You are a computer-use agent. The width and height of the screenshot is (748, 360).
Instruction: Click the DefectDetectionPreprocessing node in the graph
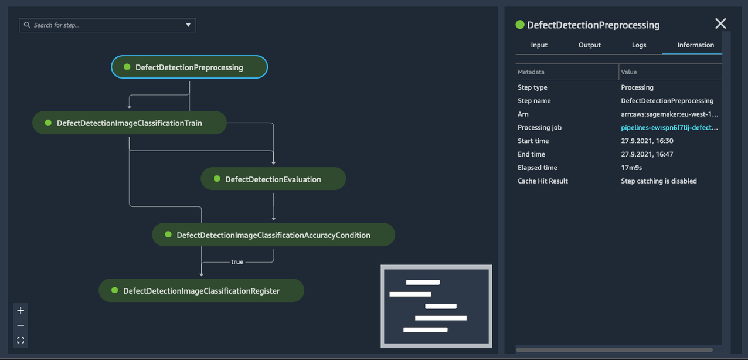(189, 67)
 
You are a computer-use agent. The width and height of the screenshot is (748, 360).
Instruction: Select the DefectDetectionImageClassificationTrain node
(130, 123)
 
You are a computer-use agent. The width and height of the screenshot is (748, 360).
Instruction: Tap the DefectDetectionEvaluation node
(273, 179)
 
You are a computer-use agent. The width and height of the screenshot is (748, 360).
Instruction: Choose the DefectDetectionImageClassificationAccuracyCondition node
(274, 235)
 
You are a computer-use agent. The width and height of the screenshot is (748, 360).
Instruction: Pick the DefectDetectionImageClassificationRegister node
(201, 291)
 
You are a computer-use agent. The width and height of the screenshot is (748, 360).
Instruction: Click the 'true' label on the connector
(237, 262)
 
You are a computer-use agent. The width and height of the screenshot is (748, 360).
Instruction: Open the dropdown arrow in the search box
(188, 25)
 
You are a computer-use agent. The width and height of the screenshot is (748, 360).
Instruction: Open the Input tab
(539, 45)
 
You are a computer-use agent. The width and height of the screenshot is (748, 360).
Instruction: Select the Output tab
(589, 45)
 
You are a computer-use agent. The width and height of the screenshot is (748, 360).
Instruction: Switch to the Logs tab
(639, 45)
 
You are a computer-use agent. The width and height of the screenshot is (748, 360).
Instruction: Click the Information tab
(696, 45)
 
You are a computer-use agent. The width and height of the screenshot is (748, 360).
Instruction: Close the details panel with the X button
(720, 23)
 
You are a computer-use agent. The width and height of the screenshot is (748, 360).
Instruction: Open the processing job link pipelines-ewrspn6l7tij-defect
(669, 128)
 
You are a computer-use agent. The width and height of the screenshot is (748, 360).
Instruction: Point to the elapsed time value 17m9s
(631, 168)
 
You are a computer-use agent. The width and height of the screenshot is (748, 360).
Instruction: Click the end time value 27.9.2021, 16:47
(647, 154)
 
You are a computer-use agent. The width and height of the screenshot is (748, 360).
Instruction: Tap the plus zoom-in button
(21, 311)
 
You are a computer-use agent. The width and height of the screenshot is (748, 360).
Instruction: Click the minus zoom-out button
(21, 325)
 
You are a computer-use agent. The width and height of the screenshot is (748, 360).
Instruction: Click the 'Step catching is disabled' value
(659, 181)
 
